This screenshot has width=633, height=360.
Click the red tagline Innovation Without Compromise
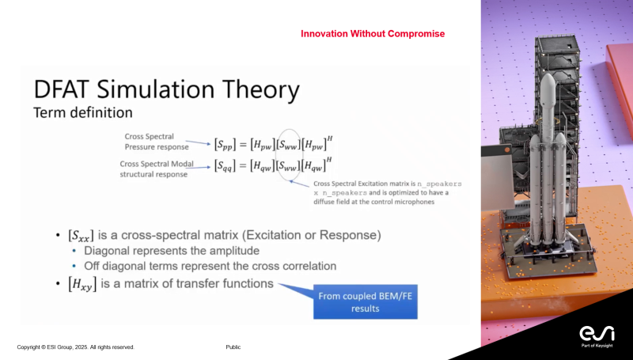(x=373, y=34)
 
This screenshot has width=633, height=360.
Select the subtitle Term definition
(x=77, y=112)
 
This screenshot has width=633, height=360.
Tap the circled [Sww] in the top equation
(x=290, y=143)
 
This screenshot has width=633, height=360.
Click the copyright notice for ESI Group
(x=76, y=347)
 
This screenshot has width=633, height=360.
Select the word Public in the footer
(x=233, y=347)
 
